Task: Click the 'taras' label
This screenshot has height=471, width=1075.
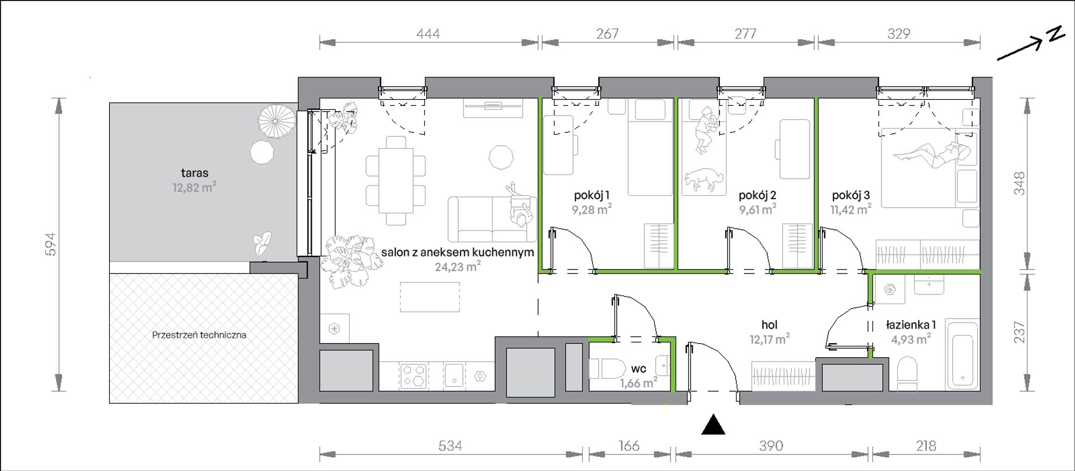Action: [195, 173]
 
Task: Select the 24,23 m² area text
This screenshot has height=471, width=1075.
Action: [458, 267]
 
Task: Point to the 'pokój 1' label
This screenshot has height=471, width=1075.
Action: [591, 196]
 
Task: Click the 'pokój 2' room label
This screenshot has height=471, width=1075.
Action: [757, 196]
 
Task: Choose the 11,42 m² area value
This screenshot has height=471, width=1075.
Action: [850, 210]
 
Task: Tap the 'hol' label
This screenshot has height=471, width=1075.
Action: [769, 325]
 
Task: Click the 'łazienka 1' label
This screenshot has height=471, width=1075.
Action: [910, 325]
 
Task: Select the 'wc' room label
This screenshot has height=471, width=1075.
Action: [638, 369]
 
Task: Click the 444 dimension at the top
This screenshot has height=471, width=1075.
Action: [428, 34]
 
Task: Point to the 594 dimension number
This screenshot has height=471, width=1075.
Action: [51, 244]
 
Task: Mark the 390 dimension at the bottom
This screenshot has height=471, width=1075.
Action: [771, 446]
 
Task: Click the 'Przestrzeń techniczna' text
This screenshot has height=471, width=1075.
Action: [199, 335]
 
